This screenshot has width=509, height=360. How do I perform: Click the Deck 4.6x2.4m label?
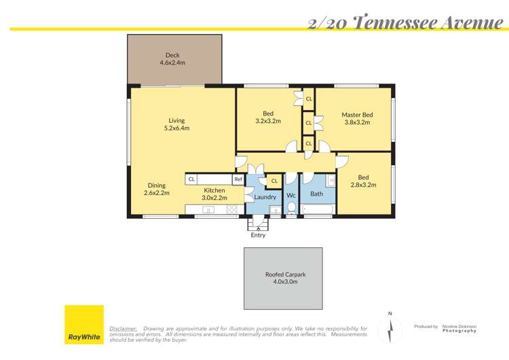click(x=172, y=59)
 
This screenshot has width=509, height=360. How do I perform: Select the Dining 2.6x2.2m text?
click(x=157, y=189)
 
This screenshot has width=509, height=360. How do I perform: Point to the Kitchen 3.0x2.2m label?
click(x=214, y=194)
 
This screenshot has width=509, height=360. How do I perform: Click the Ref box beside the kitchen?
click(x=238, y=179)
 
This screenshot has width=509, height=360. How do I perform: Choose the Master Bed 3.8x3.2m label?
click(x=357, y=119)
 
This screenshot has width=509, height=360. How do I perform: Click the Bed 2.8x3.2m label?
click(x=363, y=181)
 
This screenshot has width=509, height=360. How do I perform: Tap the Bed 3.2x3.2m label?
click(x=269, y=118)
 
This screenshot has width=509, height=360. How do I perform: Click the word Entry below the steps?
click(x=258, y=235)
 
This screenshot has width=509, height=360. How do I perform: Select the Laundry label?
click(x=265, y=197)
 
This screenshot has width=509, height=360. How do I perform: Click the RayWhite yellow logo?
click(x=84, y=324)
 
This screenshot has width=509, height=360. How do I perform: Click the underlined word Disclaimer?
click(x=124, y=328)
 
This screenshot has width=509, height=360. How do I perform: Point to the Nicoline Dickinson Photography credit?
click(x=459, y=328)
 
